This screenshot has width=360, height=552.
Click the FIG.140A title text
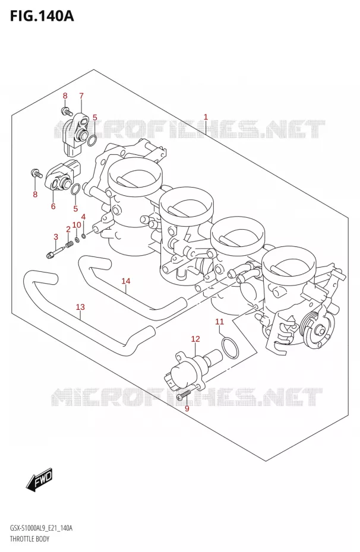click(x=42, y=16)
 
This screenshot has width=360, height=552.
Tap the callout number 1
click(x=206, y=118)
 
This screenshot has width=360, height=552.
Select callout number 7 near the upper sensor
click(x=81, y=96)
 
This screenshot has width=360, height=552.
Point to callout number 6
click(x=53, y=206)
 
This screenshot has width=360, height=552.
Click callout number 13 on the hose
click(x=80, y=307)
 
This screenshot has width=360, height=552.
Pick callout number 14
click(x=126, y=281)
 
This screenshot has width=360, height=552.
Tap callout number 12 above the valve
click(x=195, y=339)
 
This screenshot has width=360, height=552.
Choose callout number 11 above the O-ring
click(x=219, y=322)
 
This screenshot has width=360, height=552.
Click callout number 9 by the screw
click(x=187, y=408)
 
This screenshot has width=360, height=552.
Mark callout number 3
click(x=56, y=237)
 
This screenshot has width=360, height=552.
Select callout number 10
click(x=77, y=225)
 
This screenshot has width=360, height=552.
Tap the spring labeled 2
click(x=70, y=243)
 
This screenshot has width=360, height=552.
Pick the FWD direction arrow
click(x=39, y=480)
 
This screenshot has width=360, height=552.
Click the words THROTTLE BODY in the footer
click(x=30, y=538)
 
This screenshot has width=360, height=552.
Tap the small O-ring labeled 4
click(x=84, y=235)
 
